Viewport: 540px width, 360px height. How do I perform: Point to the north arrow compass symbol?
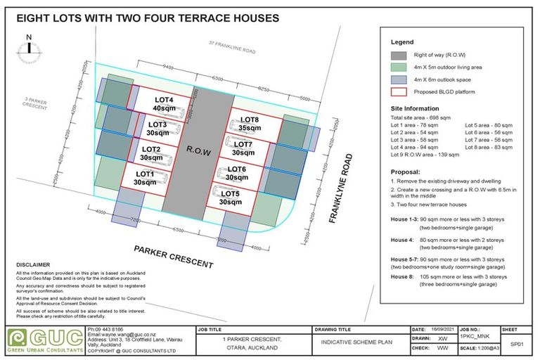28,49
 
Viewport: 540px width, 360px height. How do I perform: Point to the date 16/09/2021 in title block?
442,328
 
